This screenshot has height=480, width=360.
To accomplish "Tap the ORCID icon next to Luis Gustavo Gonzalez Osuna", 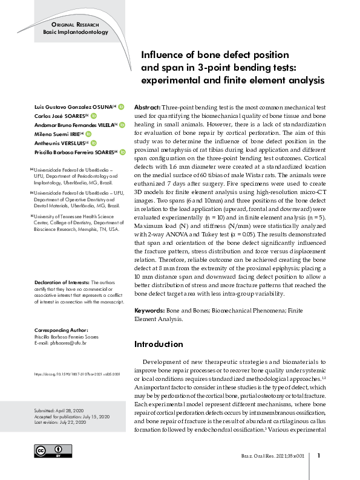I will tap(121, 106).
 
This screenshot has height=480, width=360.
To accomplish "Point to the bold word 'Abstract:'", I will tap(147, 106).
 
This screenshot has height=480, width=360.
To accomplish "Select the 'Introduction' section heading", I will tap(158, 344).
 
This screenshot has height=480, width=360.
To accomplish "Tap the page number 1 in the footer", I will tap(327, 456).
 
